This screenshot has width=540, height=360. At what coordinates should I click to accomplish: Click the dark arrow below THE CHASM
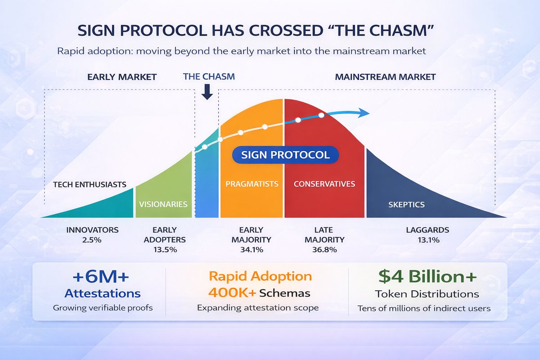coord(207,92)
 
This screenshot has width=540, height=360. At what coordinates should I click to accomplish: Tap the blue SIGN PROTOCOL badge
coord(285,155)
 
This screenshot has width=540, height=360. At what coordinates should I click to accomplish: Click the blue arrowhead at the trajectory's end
coord(364,113)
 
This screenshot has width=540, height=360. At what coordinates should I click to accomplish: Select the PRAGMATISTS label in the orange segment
coord(252,184)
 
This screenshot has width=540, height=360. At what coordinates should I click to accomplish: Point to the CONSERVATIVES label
coord(324,184)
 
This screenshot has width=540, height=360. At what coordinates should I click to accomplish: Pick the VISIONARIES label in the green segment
coord(163,204)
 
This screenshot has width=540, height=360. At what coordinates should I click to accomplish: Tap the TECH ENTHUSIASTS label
coord(90,184)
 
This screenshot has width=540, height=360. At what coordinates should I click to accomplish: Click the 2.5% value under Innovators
coord(92,240)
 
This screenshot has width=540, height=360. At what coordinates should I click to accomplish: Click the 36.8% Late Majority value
coord(324,250)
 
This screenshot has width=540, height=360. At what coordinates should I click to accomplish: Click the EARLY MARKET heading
coord(121,77)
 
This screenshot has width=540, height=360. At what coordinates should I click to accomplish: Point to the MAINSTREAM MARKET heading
coord(385,77)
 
